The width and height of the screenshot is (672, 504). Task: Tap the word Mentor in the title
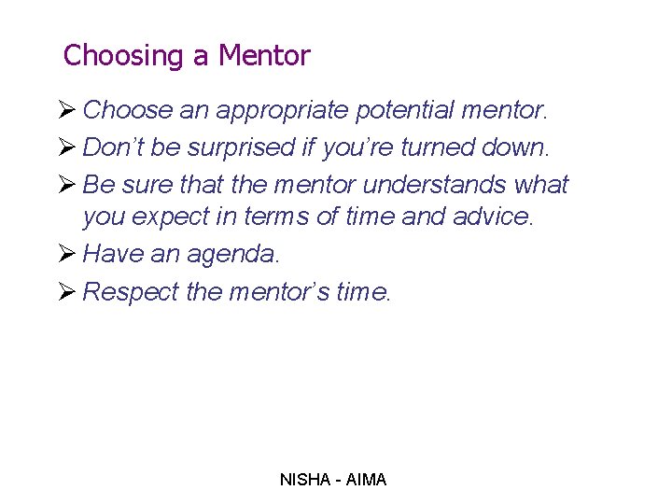click(x=263, y=56)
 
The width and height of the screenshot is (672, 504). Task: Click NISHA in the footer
click(x=304, y=480)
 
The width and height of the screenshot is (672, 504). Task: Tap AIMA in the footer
click(x=366, y=480)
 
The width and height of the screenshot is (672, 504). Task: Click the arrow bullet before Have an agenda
click(x=67, y=255)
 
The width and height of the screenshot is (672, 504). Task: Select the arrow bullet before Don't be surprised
click(x=67, y=147)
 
